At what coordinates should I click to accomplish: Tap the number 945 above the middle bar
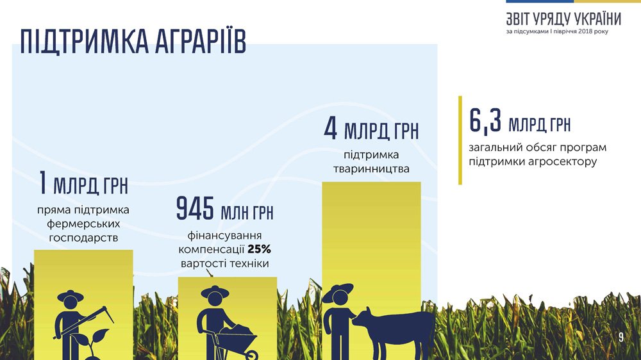tap(195, 208)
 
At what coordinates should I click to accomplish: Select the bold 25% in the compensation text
tap(259, 249)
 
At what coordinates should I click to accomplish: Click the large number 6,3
tap(485, 121)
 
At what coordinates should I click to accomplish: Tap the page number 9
tap(621, 337)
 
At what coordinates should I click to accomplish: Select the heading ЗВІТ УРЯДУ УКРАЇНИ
tap(563, 19)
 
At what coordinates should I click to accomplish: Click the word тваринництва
tap(371, 168)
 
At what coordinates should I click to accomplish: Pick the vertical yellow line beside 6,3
tap(460, 140)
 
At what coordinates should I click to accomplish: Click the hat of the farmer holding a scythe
tap(71, 295)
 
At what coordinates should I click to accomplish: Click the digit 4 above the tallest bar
tap(330, 128)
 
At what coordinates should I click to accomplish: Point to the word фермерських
tap(83, 224)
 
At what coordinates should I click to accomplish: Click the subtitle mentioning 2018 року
tap(557, 31)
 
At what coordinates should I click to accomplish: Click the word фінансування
tap(224, 236)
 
